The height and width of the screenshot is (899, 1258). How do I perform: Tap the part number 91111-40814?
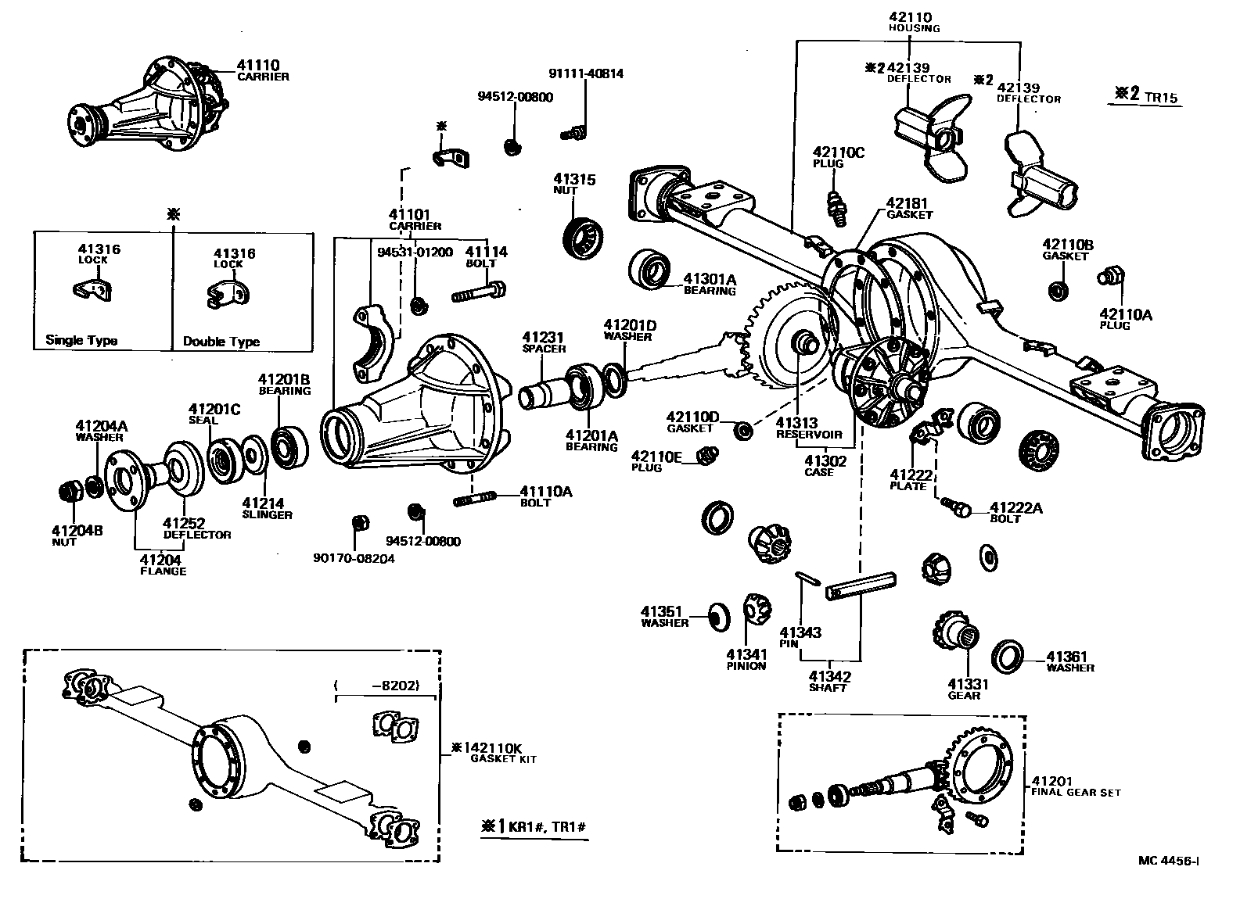click(585, 74)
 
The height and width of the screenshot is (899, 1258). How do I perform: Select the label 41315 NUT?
click(575, 184)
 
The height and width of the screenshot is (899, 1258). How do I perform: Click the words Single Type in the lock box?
click(81, 340)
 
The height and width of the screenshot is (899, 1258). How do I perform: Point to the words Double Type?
click(221, 342)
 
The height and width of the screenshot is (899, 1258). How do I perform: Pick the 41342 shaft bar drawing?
click(861, 586)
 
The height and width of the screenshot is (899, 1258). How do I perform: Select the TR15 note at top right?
click(1160, 98)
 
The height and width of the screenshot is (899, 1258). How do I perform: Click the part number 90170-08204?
click(354, 558)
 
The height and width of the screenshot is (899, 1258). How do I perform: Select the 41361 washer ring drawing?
click(1007, 655)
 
